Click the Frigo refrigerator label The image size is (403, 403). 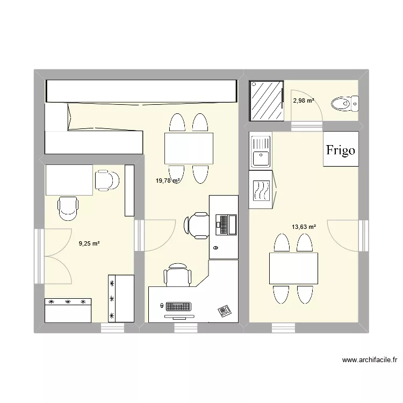pos(341,150)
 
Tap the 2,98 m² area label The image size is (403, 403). pos(304,100)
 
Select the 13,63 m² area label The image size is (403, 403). pos(304,227)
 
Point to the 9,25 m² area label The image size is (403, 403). pos(89,243)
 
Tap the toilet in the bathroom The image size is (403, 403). pos(344,102)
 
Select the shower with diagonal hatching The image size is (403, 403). pos(266,102)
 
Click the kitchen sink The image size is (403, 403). pos(261,152)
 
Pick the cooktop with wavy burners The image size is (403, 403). pos(261,190)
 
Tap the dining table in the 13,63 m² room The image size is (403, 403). pos(293,269)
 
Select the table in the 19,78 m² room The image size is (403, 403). pos(188,148)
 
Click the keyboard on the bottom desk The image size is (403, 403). pos(178,307)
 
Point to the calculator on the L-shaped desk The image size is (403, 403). pos(224,311)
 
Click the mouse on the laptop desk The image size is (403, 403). pos(216,248)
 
